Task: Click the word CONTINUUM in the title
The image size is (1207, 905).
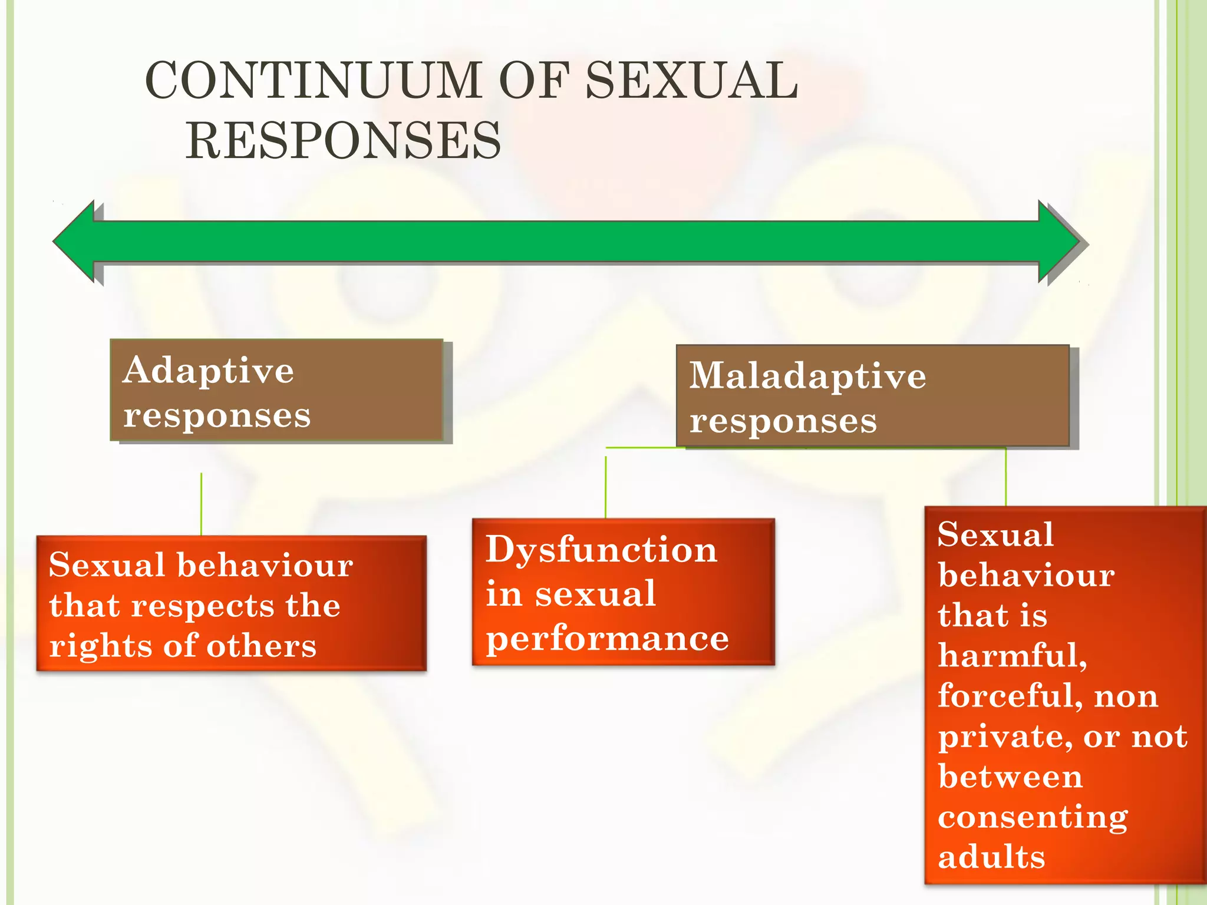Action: pyautogui.click(x=313, y=81)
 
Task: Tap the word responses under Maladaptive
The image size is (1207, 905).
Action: pyautogui.click(x=783, y=421)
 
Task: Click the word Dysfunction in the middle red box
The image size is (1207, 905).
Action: pyautogui.click(x=601, y=550)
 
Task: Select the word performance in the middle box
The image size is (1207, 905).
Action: pyautogui.click(x=607, y=639)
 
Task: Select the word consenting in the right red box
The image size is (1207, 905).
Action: pyautogui.click(x=1033, y=817)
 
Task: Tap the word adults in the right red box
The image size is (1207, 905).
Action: pyautogui.click(x=991, y=857)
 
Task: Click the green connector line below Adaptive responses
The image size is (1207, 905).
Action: pyautogui.click(x=202, y=504)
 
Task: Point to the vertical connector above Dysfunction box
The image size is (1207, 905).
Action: pyautogui.click(x=606, y=486)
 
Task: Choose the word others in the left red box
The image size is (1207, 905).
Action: pyautogui.click(x=261, y=646)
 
